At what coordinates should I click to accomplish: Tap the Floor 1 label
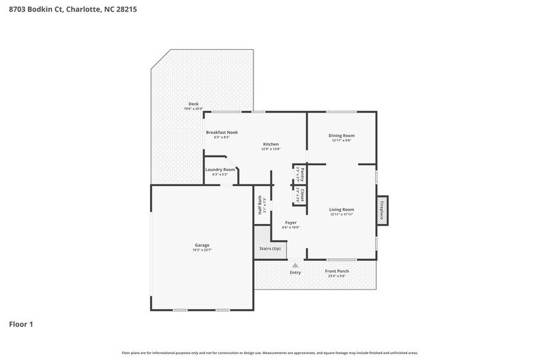click(x=21, y=324)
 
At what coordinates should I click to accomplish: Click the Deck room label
click(x=193, y=104)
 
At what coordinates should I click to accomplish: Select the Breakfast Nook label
click(x=222, y=132)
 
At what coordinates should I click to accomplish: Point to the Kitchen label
click(x=271, y=144)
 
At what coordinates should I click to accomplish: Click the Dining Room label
click(x=342, y=135)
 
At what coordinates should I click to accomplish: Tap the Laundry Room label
click(x=220, y=170)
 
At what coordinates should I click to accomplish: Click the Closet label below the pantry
click(x=302, y=195)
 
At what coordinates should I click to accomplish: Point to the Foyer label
click(x=291, y=222)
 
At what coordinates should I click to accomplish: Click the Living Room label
click(x=342, y=209)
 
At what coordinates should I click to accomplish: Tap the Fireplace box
click(x=382, y=210)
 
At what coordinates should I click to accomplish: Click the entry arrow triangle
click(x=295, y=265)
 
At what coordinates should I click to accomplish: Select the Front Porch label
click(x=337, y=271)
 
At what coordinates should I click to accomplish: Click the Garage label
click(x=202, y=245)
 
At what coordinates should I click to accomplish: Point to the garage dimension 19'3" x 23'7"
click(x=202, y=250)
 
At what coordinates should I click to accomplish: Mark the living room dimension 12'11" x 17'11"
click(x=342, y=214)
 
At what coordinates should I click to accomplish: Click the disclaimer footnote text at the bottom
click(x=269, y=353)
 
